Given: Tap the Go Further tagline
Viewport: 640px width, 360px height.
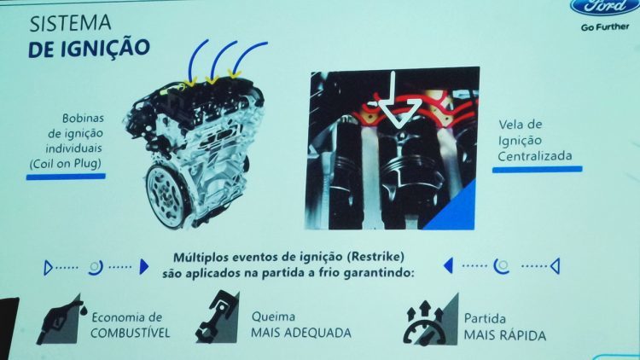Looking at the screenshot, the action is click(605, 27).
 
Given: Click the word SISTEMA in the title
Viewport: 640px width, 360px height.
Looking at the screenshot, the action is click(70, 23).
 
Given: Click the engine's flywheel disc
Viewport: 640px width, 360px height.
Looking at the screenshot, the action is click(166, 195).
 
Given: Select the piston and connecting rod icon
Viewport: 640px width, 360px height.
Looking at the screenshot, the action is click(217, 316).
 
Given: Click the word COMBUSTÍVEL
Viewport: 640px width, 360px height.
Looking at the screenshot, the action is click(131, 333).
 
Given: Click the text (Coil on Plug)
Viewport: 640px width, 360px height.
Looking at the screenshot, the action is click(66, 164).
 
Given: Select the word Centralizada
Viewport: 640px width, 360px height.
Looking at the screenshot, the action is click(535, 156).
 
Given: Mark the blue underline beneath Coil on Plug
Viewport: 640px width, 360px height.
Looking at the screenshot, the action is click(66, 177).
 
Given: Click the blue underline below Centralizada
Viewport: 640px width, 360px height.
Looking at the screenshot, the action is click(537, 169).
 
